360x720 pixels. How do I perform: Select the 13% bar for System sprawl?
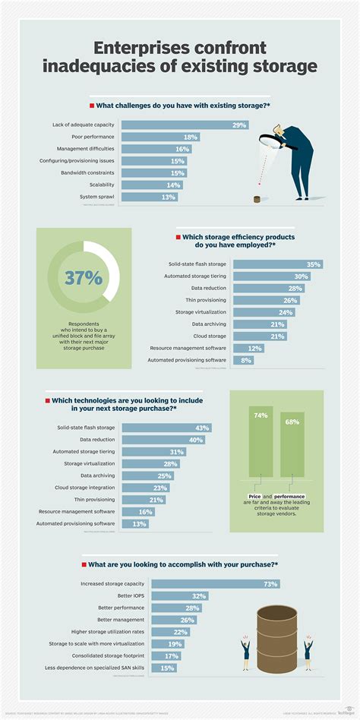click(150, 197)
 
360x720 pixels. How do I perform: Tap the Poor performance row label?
click(93, 137)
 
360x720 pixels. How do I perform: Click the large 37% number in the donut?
click(84, 278)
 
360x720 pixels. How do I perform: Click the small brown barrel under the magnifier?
click(257, 199)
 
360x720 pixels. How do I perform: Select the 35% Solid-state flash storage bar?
click(277, 264)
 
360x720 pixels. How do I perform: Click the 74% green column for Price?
click(260, 441)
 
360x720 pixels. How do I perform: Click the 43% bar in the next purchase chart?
click(166, 428)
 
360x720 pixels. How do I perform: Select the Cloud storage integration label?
click(85, 487)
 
